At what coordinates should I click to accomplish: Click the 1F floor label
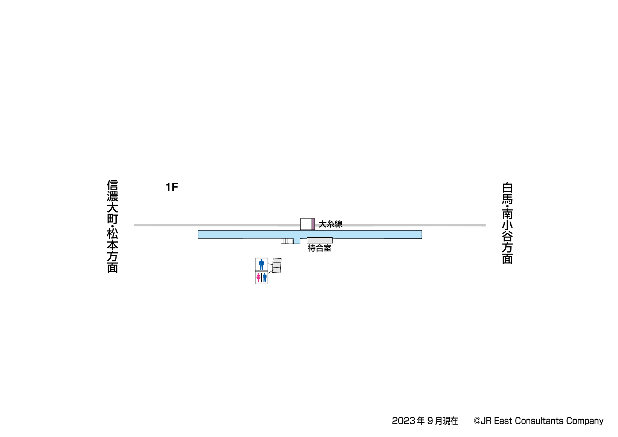point(172,187)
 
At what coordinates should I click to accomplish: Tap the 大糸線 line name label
point(330,224)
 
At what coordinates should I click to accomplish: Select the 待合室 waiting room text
point(319,248)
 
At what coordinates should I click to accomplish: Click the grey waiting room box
point(319,240)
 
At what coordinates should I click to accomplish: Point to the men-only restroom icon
point(261,264)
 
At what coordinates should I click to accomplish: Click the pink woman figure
point(258,278)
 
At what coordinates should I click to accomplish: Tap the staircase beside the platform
point(288,241)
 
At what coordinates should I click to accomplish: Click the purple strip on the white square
point(313,224)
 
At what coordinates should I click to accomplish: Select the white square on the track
point(306,224)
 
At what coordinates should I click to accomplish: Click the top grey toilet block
point(277,260)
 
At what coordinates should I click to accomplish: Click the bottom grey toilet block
point(277,270)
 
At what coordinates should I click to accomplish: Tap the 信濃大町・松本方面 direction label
point(113,226)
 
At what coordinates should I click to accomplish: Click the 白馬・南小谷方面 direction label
point(507,223)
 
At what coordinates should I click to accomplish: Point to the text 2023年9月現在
point(425,421)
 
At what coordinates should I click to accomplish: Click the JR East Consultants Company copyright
point(538,421)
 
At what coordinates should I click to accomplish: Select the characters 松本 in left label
point(113,240)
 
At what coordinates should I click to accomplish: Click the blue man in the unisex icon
point(265,278)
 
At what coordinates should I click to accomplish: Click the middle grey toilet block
point(277,265)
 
